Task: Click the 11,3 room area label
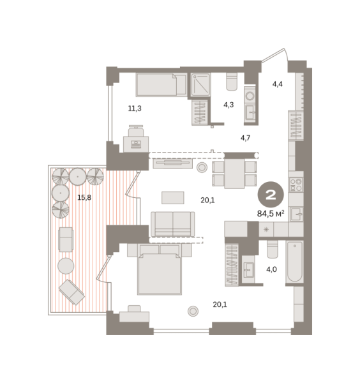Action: (x=135, y=109)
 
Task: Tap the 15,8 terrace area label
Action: (x=84, y=197)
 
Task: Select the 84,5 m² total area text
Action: (x=271, y=213)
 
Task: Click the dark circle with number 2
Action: (x=271, y=195)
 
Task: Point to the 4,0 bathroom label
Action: (x=271, y=269)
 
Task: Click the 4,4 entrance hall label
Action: (x=278, y=84)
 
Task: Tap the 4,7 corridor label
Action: (x=246, y=138)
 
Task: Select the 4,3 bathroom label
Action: (x=229, y=105)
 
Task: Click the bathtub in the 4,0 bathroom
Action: (x=294, y=261)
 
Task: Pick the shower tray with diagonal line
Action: (x=200, y=84)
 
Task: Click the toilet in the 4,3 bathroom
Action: (x=232, y=82)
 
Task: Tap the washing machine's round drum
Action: (x=250, y=96)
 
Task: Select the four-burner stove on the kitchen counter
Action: (x=296, y=184)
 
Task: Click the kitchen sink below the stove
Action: (x=296, y=214)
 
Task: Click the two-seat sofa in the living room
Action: (x=173, y=224)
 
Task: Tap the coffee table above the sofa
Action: (x=173, y=198)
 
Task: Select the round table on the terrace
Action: (x=66, y=266)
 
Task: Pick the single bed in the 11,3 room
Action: (x=161, y=84)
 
